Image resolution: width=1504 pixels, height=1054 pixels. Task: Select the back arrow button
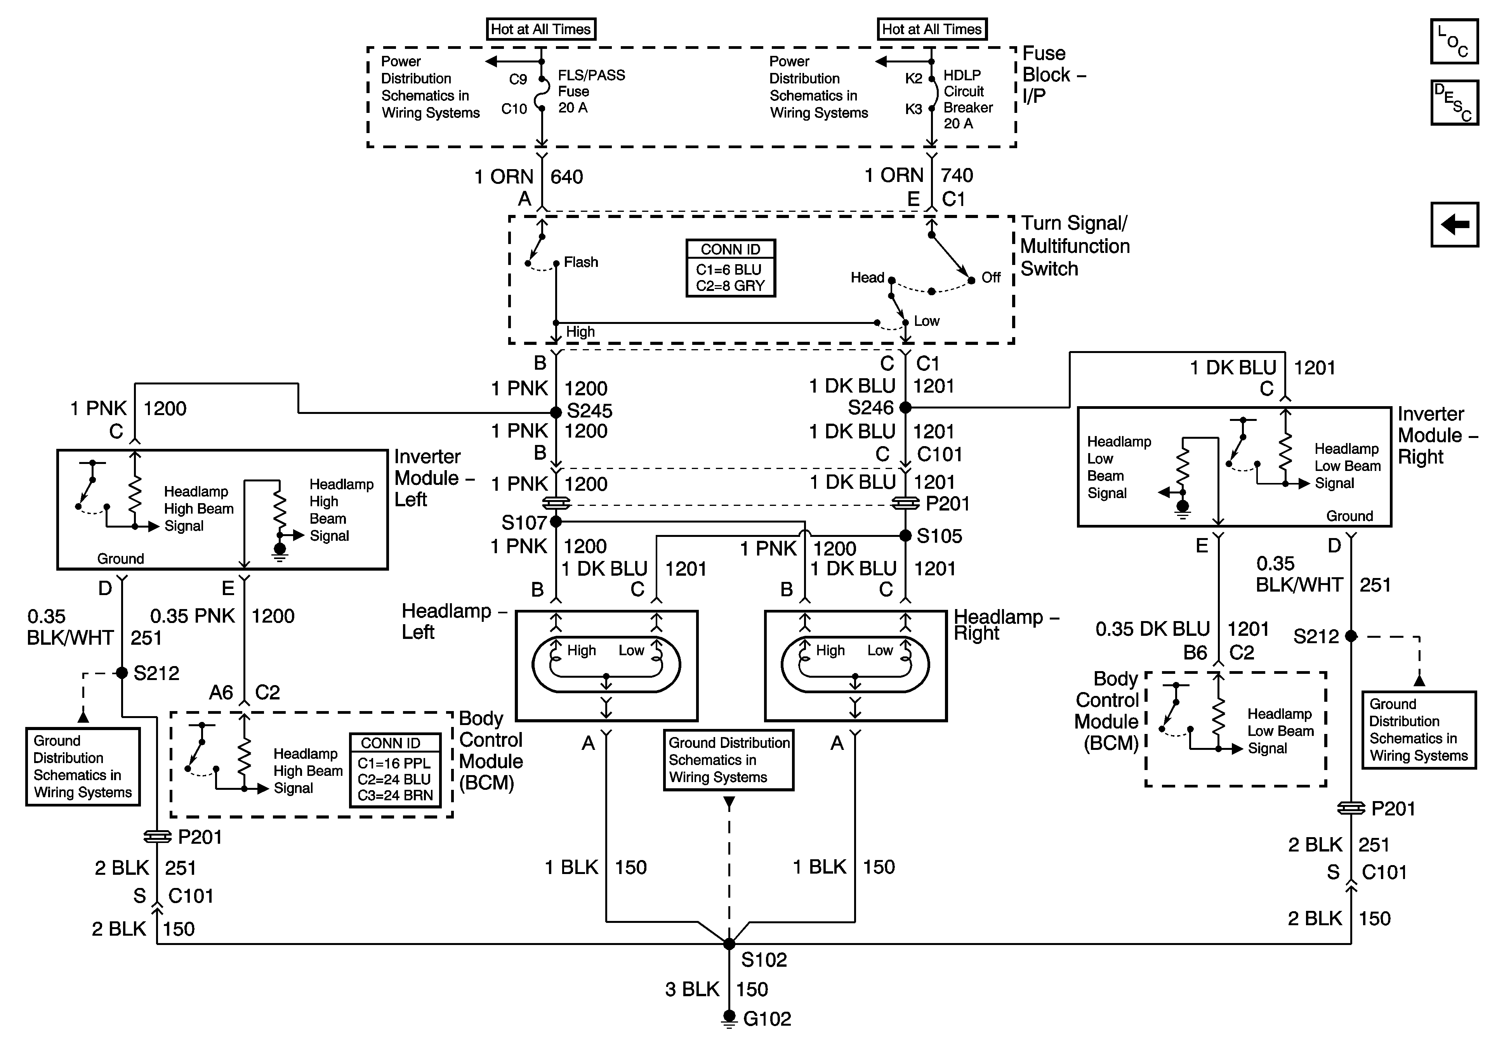coord(1454,225)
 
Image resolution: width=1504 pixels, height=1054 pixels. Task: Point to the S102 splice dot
coord(729,944)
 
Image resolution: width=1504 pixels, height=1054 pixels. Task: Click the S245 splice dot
coord(556,412)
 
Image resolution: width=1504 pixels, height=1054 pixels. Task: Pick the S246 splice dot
coord(905,407)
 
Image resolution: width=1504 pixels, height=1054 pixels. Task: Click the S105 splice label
coord(940,536)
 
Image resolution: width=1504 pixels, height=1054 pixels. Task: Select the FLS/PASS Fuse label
coord(591,92)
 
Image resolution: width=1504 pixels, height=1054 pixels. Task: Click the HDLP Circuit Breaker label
coord(967,100)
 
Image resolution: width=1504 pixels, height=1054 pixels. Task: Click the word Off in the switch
coord(990,278)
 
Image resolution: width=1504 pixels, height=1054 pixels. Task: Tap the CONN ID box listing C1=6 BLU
coord(730,268)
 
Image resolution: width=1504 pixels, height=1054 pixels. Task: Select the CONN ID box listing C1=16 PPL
coord(394,770)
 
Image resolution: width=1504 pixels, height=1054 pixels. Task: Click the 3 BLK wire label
coord(692,989)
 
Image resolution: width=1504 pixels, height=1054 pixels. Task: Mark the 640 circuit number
coord(566,177)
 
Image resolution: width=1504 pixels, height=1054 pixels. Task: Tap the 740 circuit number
coord(957,175)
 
